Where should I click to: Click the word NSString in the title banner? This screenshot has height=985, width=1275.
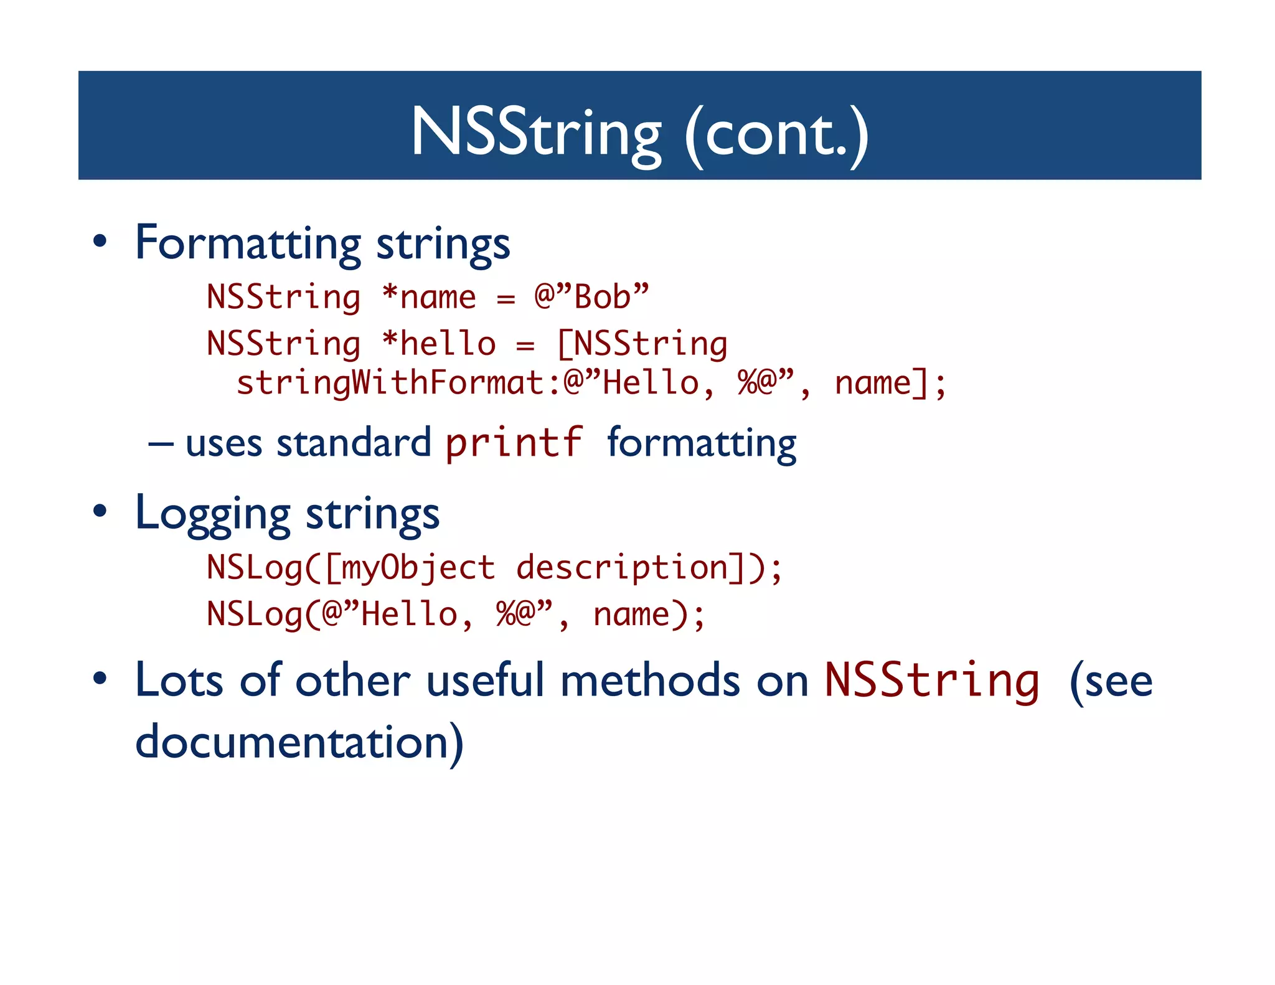536,133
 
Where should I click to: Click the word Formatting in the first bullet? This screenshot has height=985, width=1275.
248,243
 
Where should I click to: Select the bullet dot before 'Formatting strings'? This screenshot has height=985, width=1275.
100,242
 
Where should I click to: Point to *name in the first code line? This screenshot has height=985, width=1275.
429,297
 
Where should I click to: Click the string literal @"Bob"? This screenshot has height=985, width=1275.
591,297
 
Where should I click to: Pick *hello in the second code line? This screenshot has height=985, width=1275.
439,344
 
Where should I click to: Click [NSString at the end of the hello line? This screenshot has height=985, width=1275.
642,344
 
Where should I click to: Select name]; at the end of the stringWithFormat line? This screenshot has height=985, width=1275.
890,382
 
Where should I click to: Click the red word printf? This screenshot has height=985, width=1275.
514,443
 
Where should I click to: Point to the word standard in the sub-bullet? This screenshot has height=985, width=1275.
354,443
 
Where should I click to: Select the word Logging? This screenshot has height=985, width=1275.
213,514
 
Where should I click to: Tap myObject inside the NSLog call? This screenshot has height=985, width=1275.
418,568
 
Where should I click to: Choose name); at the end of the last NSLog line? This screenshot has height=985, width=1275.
648,615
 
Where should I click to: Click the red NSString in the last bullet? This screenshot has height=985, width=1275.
931,681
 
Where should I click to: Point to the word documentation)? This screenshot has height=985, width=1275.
299,742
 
